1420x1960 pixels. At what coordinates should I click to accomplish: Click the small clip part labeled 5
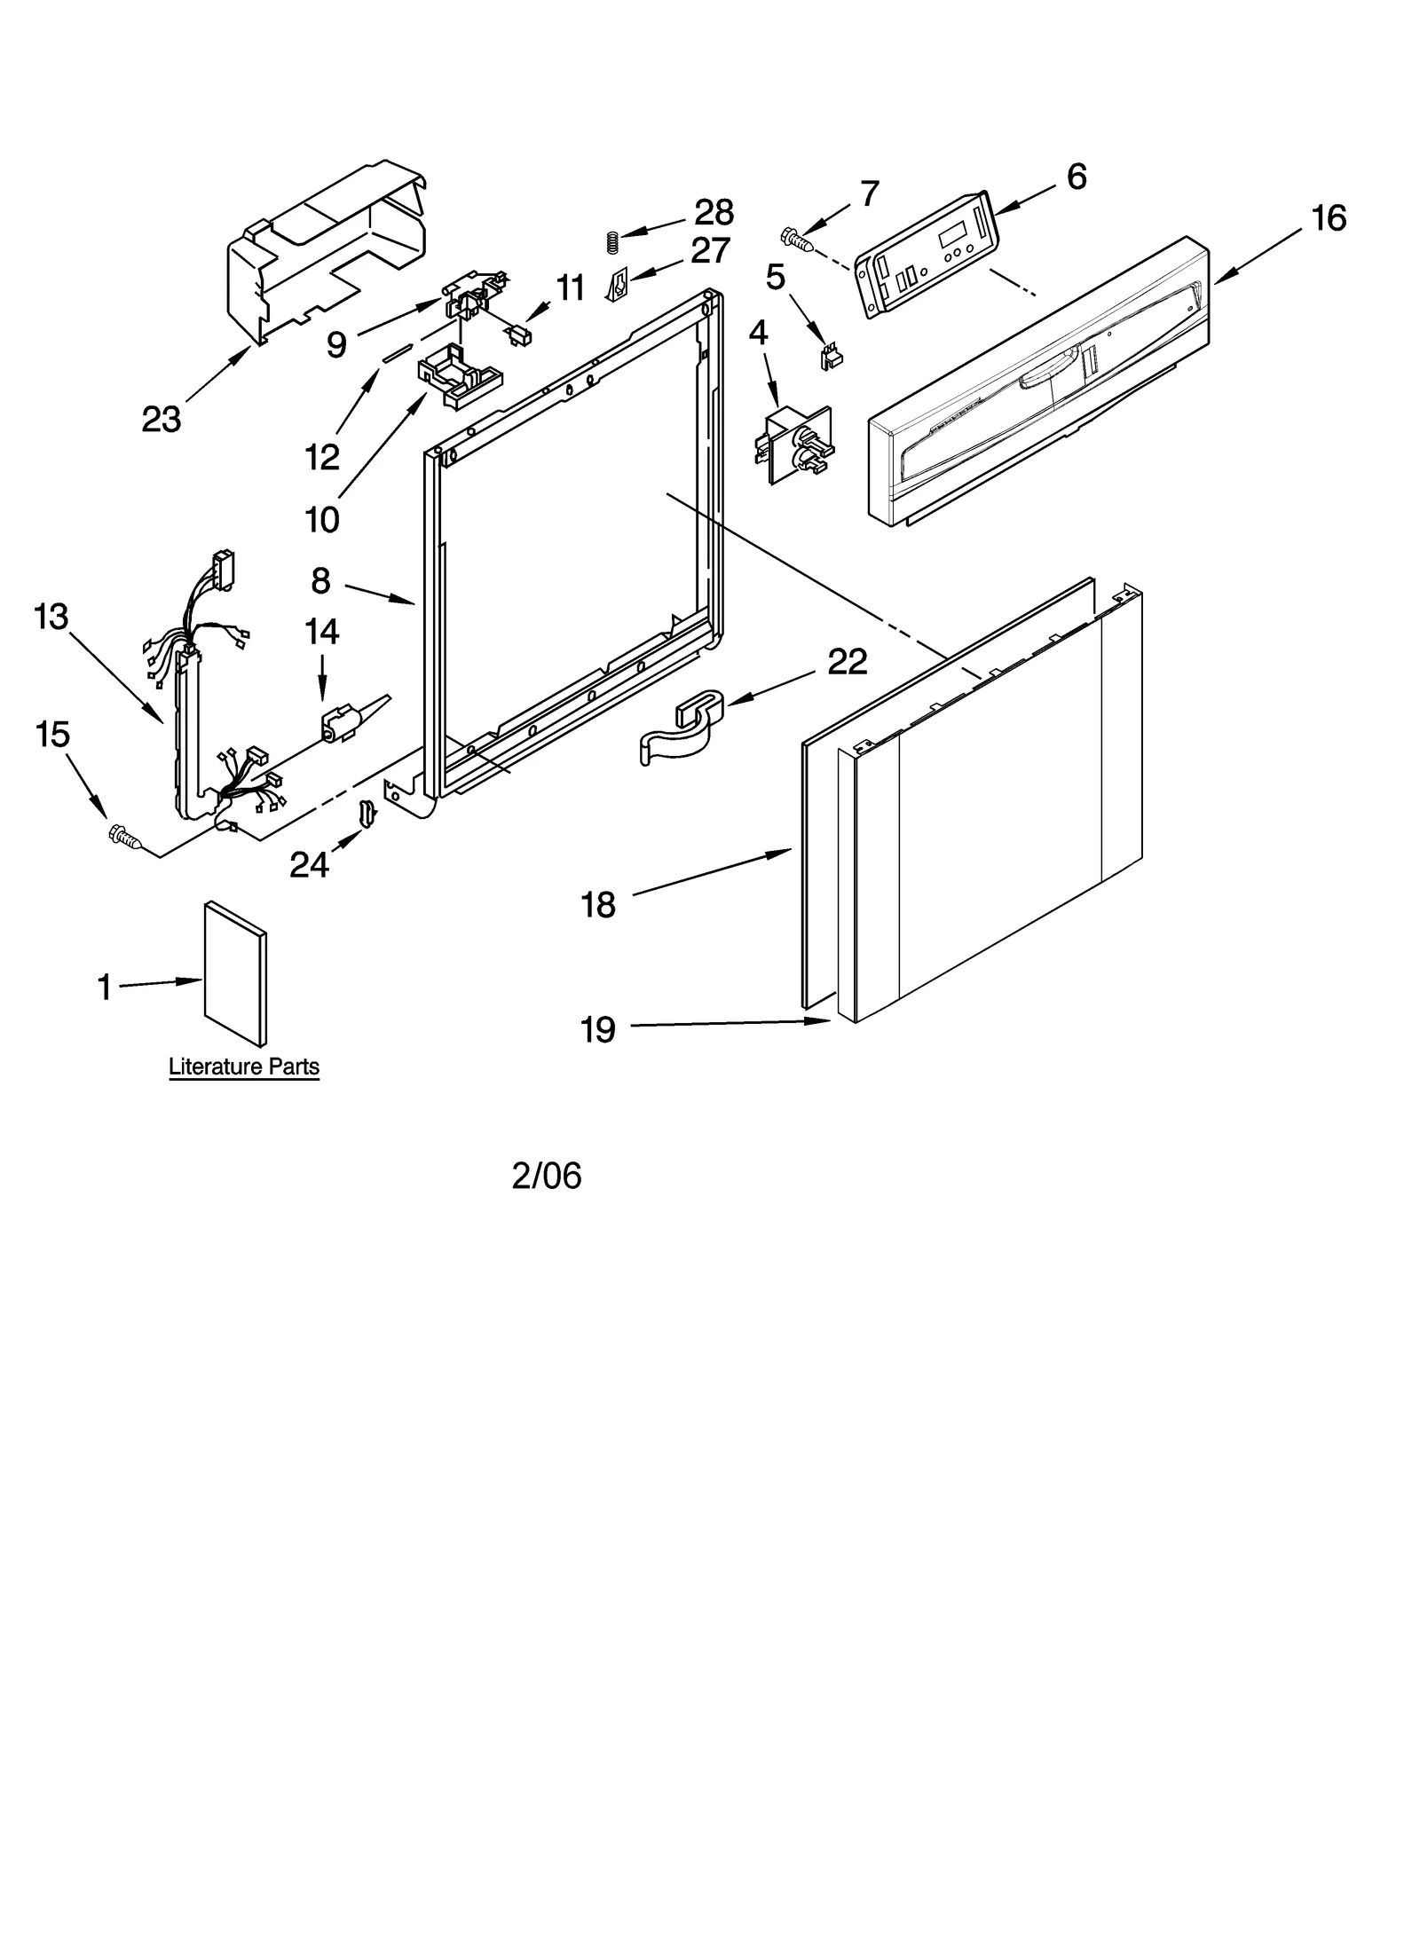click(x=831, y=357)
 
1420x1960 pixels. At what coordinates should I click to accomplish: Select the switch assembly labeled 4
click(x=793, y=444)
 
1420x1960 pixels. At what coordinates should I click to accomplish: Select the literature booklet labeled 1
click(x=235, y=974)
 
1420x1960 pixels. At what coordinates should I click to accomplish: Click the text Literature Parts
click(x=244, y=1067)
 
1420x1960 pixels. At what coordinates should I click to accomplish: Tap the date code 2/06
click(x=546, y=1176)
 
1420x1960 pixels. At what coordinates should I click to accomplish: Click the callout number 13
click(x=51, y=616)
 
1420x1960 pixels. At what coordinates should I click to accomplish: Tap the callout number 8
click(x=320, y=581)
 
